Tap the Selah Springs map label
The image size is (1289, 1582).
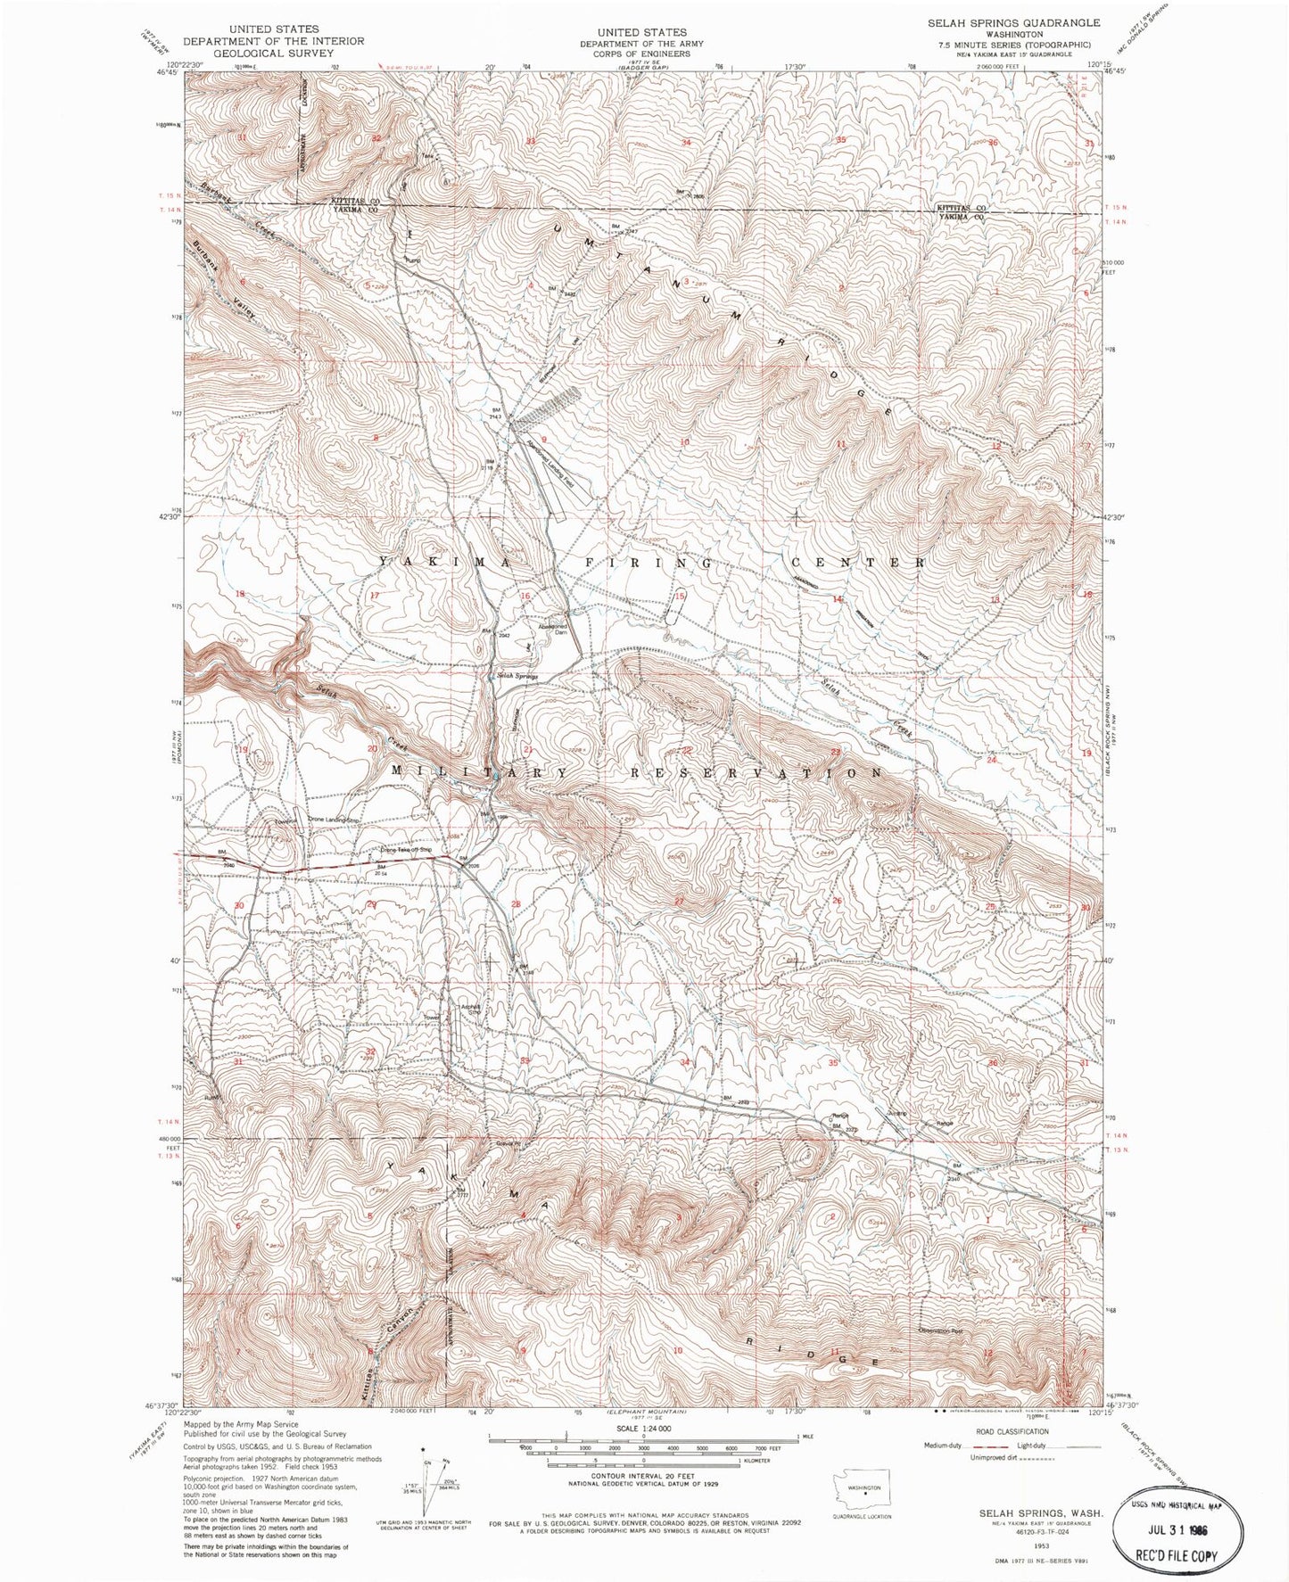[x=517, y=677]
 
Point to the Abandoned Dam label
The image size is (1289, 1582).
[x=558, y=629]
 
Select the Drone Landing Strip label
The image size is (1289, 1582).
[x=336, y=819]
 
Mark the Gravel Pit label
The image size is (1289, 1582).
[x=508, y=1144]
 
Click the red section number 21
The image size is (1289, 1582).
[x=528, y=749]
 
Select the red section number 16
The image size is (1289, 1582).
[x=525, y=596]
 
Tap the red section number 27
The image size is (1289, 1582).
[x=679, y=901]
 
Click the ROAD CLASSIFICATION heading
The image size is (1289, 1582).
[x=1011, y=1431]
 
